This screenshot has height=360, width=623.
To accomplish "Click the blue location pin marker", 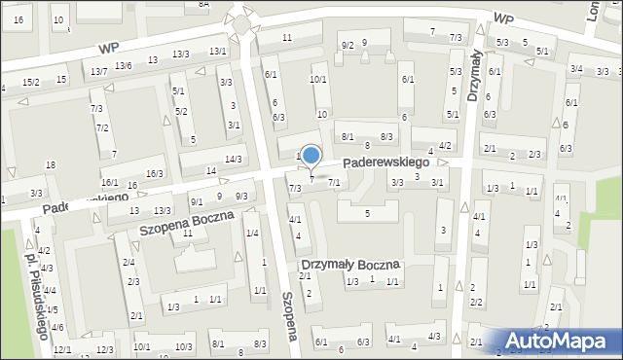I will (x=311, y=157).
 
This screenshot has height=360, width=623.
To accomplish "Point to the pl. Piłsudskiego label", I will (x=36, y=292).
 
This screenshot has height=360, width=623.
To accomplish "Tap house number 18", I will (x=50, y=164).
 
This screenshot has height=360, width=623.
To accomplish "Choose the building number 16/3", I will (x=154, y=173).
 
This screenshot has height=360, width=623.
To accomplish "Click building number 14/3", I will (x=233, y=159).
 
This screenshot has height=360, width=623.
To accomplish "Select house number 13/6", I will (x=123, y=65).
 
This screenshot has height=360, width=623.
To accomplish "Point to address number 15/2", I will (x=31, y=82).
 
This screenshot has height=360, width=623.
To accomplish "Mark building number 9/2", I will (x=347, y=45).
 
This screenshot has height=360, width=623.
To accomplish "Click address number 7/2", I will (x=102, y=128).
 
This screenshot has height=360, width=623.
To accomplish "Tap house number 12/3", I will (x=104, y=349).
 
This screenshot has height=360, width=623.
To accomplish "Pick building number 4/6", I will (x=57, y=327).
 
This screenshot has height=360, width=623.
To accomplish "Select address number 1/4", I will (x=252, y=233).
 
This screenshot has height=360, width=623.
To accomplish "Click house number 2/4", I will (x=128, y=263).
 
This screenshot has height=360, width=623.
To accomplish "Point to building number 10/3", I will (x=182, y=346).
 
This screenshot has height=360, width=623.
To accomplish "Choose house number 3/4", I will (x=576, y=68).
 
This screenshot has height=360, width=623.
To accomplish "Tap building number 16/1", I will (x=110, y=183).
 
